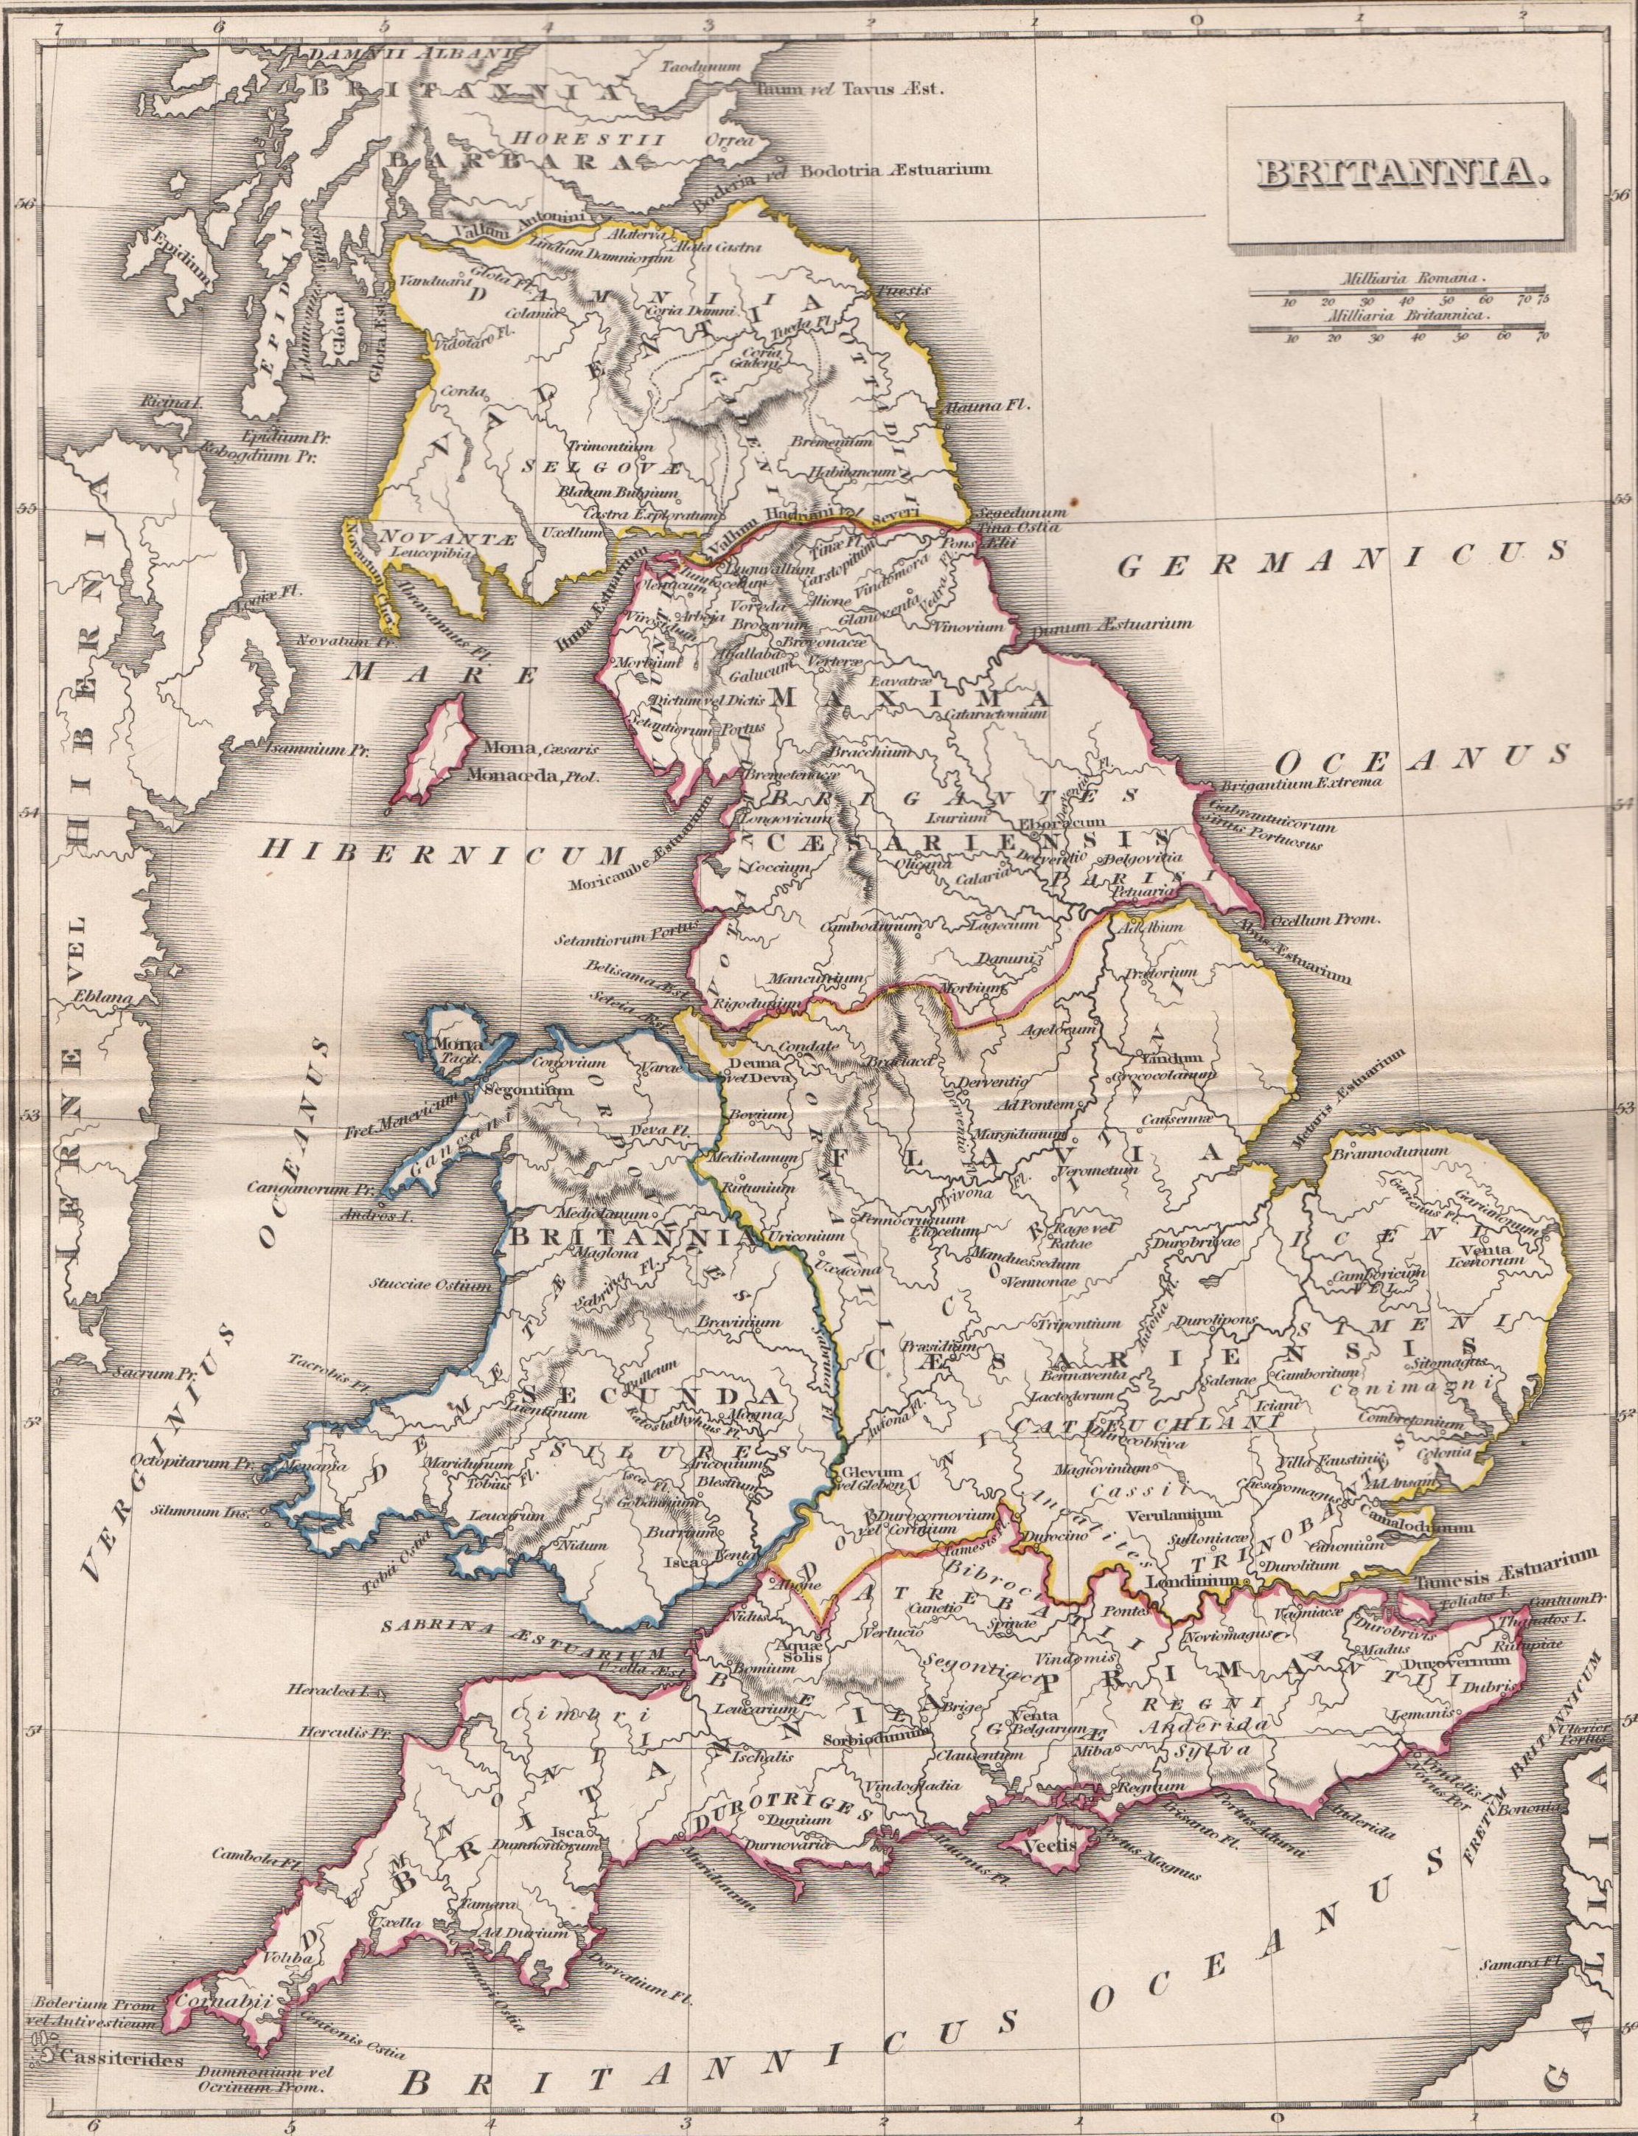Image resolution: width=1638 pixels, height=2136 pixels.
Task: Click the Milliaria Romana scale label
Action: (1412, 278)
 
